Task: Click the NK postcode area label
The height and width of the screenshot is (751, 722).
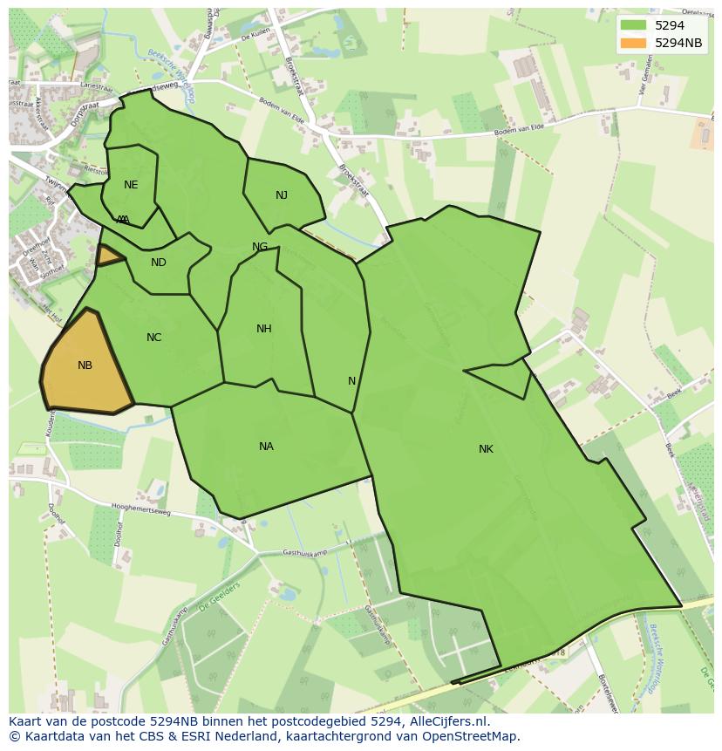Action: (486, 449)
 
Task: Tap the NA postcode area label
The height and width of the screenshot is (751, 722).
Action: (266, 447)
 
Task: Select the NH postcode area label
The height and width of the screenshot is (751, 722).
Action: (263, 329)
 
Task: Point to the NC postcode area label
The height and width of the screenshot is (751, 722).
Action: (153, 338)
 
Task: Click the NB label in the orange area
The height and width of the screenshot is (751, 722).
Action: (85, 365)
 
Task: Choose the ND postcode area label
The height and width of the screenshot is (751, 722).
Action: (158, 263)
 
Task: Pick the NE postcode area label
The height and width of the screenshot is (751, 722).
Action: (131, 185)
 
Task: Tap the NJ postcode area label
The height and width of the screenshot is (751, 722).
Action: (281, 195)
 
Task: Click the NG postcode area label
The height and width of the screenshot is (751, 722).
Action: (260, 247)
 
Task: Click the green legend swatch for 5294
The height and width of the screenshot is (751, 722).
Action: (634, 25)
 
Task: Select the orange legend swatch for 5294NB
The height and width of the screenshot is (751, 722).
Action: (634, 43)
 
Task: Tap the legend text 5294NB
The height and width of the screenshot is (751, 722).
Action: (678, 43)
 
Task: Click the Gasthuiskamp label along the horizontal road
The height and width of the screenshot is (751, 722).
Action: (304, 553)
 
